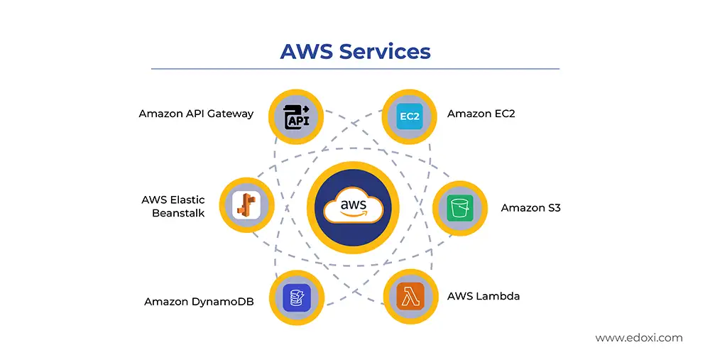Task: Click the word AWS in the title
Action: click(306, 52)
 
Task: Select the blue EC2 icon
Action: click(410, 116)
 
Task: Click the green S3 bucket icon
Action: click(460, 208)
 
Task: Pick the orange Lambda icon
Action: click(410, 296)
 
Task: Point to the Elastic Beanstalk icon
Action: click(246, 205)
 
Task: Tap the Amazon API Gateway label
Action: click(196, 114)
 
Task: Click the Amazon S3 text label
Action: click(530, 208)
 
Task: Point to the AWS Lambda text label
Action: click(483, 295)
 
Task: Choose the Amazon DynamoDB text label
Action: click(199, 301)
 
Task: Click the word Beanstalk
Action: click(178, 212)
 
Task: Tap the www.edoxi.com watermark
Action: click(638, 338)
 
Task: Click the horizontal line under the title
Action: click(355, 69)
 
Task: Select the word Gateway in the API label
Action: click(230, 114)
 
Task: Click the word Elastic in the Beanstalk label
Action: click(188, 200)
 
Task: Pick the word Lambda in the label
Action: click(499, 295)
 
